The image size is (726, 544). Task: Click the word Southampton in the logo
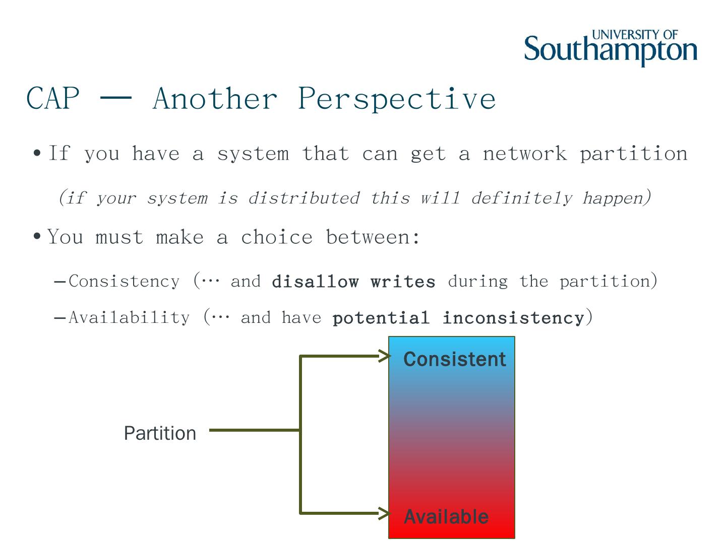click(x=611, y=49)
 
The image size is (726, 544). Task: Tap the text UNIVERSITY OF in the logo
click(x=635, y=35)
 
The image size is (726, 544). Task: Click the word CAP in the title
click(x=53, y=98)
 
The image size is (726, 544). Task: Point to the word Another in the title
click(x=215, y=98)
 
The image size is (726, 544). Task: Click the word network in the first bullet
click(x=524, y=154)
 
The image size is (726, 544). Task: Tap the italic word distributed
click(x=304, y=198)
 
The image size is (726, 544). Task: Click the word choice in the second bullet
click(x=276, y=237)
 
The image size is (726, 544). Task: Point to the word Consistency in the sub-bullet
click(x=124, y=282)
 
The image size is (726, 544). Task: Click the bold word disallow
click(x=315, y=282)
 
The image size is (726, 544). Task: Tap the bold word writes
click(x=403, y=282)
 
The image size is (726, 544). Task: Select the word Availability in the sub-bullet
click(x=130, y=318)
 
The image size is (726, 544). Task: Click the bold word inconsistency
click(x=513, y=318)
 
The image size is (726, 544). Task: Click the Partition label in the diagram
click(x=160, y=433)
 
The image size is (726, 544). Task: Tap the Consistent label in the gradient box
click(x=455, y=359)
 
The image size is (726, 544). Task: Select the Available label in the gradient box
click(x=446, y=517)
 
